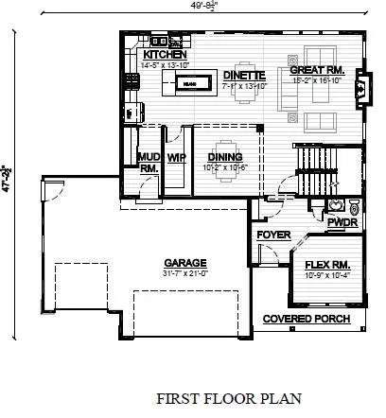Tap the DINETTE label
point(242,75)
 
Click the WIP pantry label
point(175,157)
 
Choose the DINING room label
point(225,157)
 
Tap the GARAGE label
point(179,263)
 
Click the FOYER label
point(272,235)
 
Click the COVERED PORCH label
point(306,320)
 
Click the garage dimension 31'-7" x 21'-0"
point(179,273)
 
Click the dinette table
point(247,95)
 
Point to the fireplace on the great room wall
point(357,91)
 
